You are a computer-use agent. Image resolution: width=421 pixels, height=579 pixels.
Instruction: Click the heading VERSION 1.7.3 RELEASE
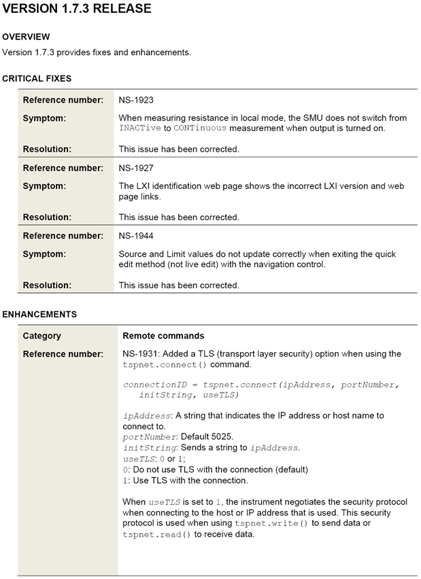point(77,10)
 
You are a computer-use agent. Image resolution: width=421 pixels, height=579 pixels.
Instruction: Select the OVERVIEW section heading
point(26,37)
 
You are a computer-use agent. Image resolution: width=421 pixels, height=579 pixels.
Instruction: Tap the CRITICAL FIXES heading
point(37,79)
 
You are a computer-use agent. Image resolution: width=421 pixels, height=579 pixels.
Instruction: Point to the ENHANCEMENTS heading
point(39,315)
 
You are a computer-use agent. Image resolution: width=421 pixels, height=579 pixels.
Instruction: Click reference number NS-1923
point(136,100)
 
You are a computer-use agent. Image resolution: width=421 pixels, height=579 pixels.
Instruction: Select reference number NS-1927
point(136,168)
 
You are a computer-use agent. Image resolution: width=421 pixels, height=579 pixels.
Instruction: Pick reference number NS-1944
point(136,236)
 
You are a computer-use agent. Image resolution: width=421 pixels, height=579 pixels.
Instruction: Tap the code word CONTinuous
point(200,128)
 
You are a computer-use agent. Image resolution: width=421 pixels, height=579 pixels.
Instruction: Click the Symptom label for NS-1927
point(44,186)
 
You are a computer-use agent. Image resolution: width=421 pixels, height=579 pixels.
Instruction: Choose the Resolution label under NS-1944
point(47,285)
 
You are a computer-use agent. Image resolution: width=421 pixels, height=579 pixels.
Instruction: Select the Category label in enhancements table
point(42,336)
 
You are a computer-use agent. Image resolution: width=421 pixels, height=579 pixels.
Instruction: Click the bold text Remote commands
point(163,336)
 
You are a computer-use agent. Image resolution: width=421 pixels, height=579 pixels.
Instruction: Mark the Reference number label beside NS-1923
point(63,100)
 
